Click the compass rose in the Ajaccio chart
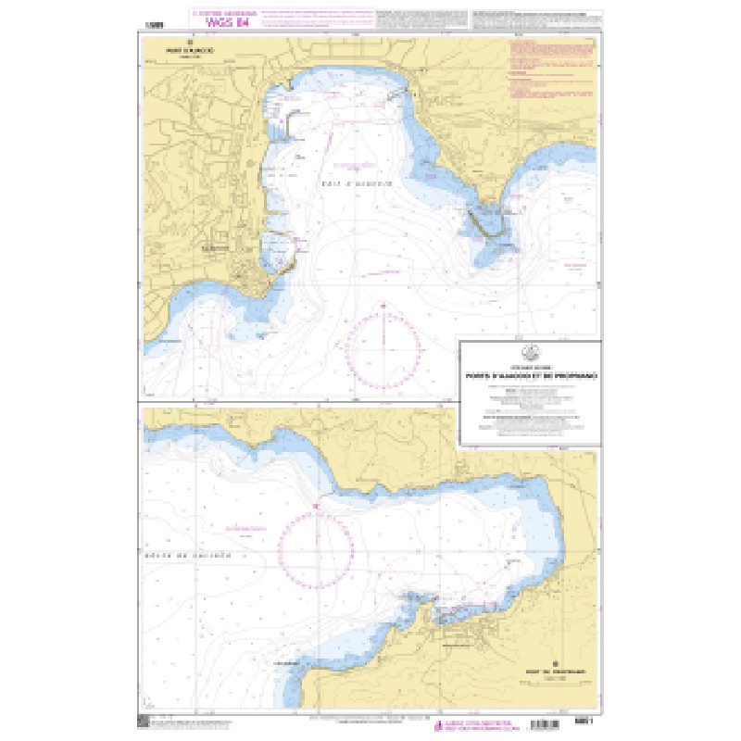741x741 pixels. [383, 351]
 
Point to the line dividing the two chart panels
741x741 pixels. [296, 404]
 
